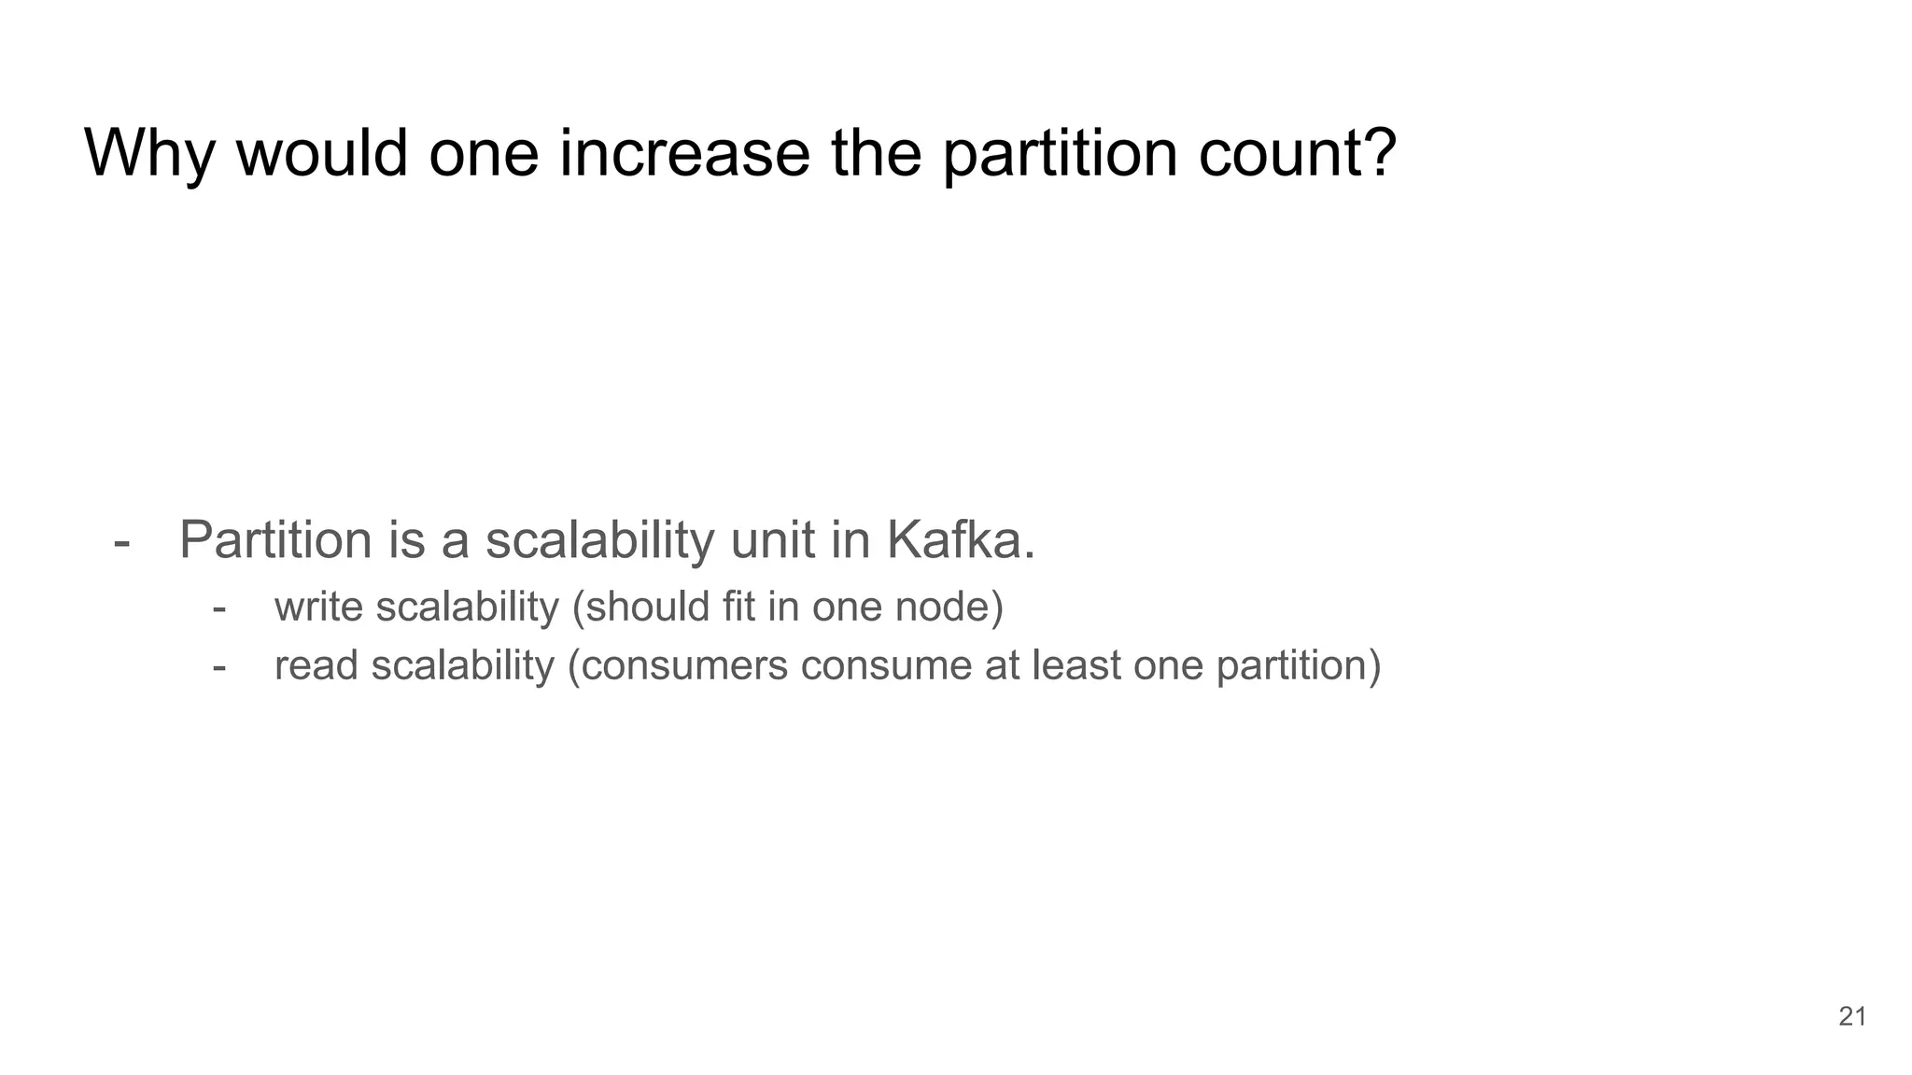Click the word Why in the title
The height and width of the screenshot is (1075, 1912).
149,153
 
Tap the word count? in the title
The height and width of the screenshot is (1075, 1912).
1298,153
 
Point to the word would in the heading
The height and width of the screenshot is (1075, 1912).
322,153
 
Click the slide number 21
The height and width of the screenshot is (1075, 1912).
1852,1016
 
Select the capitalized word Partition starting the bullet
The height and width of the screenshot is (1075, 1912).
275,539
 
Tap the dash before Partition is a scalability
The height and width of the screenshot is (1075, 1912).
121,541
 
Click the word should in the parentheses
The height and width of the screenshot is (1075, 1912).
647,607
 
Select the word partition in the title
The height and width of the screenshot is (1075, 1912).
1060,153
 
